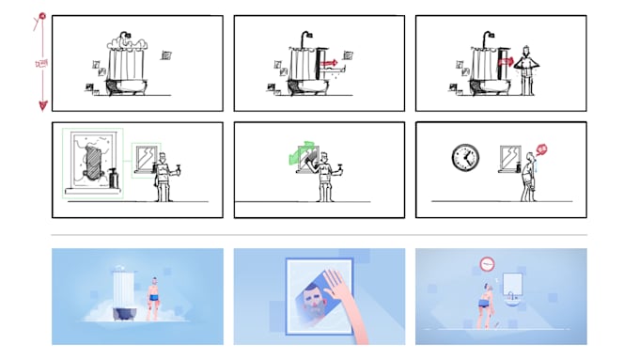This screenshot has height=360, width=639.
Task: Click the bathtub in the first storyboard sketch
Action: click(124, 86)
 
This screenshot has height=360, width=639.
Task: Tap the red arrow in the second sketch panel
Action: click(328, 63)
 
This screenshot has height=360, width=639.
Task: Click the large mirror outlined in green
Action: click(93, 163)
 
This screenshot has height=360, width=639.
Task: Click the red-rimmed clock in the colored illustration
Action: click(486, 264)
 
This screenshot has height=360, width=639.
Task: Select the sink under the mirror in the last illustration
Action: click(511, 302)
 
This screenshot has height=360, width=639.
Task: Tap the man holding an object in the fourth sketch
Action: click(164, 174)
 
